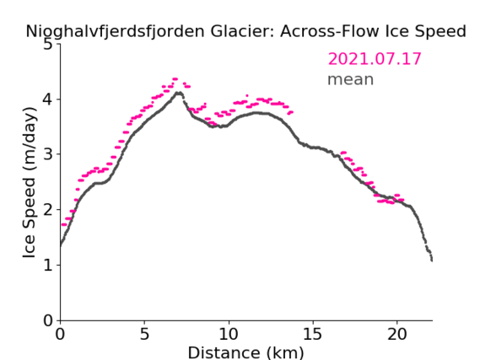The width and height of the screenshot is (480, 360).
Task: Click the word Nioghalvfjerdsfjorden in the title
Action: tap(115, 32)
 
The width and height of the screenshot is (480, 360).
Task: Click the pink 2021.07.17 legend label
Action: tap(375, 59)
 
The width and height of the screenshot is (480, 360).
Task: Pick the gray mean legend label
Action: tap(351, 79)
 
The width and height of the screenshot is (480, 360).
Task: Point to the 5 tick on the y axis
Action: tap(48, 45)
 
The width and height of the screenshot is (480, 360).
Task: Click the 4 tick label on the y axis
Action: tap(48, 99)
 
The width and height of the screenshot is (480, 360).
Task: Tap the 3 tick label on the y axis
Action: tap(48, 155)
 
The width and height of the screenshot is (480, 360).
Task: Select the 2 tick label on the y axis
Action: tap(48, 210)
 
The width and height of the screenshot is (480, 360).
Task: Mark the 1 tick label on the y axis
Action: tap(48, 265)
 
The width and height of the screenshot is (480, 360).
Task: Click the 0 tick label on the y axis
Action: tap(48, 320)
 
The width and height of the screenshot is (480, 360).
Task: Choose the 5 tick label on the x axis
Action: tap(144, 334)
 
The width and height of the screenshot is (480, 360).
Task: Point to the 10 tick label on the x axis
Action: tap(229, 334)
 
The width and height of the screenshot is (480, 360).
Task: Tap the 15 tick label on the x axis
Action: tap(313, 334)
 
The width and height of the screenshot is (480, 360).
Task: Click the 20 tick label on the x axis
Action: tap(397, 334)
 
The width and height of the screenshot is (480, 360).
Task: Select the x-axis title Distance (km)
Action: tap(245, 352)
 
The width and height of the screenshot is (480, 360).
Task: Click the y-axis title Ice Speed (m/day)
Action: tap(30, 183)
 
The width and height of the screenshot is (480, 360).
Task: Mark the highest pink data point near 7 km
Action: tap(175, 79)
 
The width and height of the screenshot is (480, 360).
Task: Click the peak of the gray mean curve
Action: tap(179, 93)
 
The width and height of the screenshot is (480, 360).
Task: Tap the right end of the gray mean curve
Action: tap(432, 261)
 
